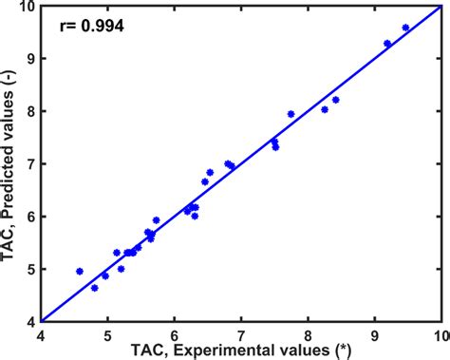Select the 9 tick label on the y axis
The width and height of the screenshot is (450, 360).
(x=29, y=58)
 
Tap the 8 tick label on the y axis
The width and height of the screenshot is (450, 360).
(x=29, y=111)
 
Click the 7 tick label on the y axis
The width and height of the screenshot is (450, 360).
(x=29, y=163)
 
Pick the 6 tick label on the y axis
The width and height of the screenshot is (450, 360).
(x=29, y=217)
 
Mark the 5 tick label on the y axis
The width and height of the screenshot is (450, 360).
(x=29, y=269)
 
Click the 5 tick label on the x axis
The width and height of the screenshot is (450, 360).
(x=107, y=333)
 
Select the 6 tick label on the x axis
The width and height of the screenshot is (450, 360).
(x=175, y=333)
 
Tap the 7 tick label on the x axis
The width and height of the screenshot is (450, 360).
(x=241, y=333)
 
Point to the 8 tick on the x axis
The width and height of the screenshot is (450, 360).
(x=309, y=333)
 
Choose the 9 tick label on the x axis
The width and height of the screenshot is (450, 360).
(x=375, y=333)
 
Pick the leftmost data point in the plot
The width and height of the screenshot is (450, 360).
(x=80, y=271)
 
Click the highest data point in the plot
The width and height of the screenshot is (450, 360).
(x=405, y=28)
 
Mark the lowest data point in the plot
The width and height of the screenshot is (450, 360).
(x=94, y=287)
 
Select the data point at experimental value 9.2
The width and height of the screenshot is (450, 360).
(x=387, y=43)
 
